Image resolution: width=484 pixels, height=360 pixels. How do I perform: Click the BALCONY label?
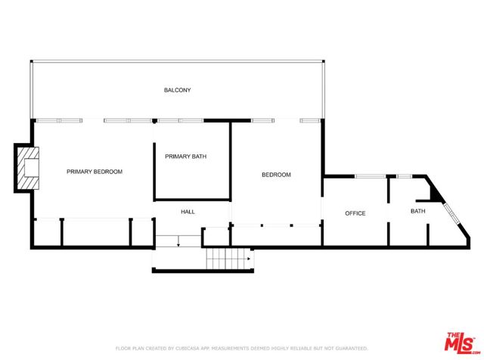point(177,90)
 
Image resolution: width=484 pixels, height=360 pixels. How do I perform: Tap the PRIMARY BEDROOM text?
point(95,172)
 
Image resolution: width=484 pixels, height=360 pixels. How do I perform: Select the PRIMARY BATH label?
point(185,157)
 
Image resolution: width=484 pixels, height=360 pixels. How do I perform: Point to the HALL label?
point(188,212)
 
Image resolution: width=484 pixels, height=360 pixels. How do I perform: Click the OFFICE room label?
point(355,213)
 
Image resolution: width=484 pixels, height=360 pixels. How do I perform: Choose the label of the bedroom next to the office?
point(276,175)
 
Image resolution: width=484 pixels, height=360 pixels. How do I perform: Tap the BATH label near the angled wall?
point(418,211)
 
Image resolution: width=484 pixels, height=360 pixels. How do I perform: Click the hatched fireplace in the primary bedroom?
point(28,168)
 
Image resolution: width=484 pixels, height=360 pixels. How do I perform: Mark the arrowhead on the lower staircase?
point(249,259)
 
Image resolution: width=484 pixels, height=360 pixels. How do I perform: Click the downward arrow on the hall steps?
point(178,241)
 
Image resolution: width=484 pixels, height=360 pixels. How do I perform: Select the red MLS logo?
point(461,342)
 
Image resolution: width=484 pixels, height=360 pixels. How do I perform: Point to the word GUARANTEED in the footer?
point(351,349)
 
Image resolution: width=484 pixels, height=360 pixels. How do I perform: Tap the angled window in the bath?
point(452,213)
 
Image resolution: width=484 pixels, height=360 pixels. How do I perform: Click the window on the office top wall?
point(370,176)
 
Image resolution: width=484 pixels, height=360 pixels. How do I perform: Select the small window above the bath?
point(405,176)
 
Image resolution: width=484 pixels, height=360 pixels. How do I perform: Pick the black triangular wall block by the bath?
point(436,194)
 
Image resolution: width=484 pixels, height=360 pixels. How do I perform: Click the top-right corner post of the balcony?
point(323,61)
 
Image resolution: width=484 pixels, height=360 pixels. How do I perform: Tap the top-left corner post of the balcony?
point(31,61)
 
